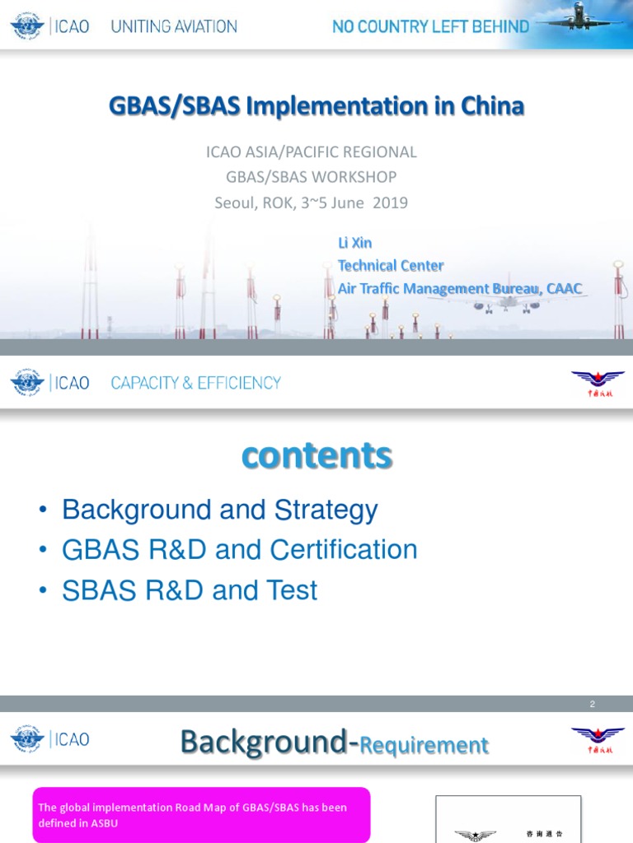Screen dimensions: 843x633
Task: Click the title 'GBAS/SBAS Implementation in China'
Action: coord(316,106)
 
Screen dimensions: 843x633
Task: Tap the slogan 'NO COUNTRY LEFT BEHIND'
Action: coord(430,26)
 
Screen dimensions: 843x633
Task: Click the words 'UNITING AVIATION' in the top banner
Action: coord(174,26)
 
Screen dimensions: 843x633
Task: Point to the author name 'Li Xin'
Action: coord(354,243)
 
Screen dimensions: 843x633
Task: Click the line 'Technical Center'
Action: coord(390,265)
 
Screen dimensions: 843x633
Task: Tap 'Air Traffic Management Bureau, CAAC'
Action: coord(459,288)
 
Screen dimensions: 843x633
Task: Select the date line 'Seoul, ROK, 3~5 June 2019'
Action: coord(311,203)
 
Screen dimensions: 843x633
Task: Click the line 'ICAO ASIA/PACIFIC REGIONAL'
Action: coord(311,152)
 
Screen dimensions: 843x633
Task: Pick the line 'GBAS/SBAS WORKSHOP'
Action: coord(311,177)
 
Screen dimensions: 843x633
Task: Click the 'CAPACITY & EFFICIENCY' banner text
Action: coord(195,383)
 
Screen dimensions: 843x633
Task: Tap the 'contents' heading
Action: coord(316,455)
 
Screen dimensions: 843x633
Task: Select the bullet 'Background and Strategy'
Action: coord(219,510)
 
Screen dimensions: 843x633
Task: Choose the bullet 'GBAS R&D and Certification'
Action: coord(239,550)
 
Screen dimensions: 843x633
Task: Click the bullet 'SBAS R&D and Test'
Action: coord(190,590)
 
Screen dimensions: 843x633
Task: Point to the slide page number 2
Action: coord(592,704)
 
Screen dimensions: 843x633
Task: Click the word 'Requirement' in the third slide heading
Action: coord(424,746)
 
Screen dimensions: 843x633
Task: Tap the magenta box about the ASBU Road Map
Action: coord(201,815)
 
